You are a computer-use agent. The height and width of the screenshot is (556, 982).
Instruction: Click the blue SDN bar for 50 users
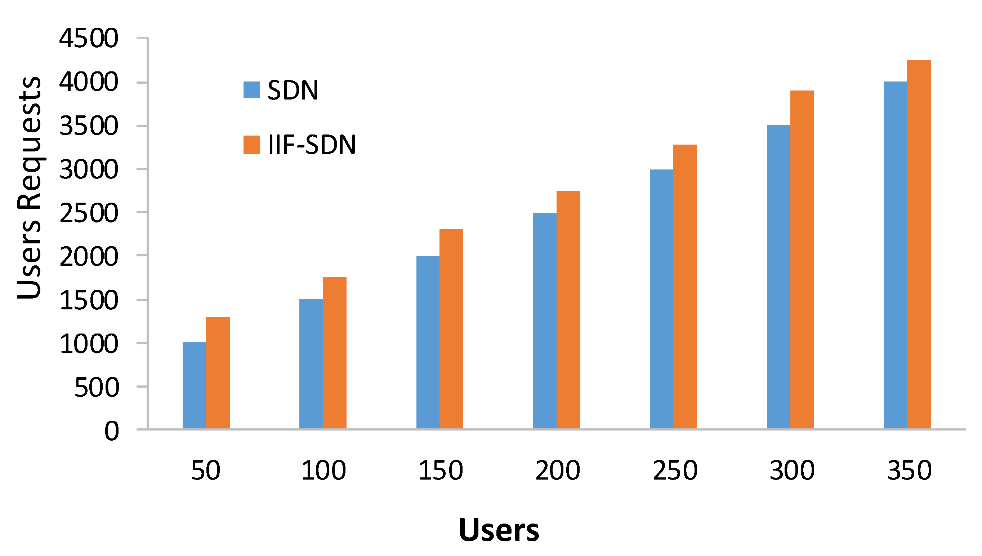194,385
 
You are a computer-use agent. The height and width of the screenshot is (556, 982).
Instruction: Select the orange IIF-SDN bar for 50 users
218,373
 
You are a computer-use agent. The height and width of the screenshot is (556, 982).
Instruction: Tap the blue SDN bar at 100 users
311,363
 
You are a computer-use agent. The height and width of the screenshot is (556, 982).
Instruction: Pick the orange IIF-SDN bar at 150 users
451,329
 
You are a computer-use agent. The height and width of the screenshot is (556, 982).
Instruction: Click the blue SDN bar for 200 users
545,321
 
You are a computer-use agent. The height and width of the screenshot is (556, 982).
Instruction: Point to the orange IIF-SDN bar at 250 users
685,287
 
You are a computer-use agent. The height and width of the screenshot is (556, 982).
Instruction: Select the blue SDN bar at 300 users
779,277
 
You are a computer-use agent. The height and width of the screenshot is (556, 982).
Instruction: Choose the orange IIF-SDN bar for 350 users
919,244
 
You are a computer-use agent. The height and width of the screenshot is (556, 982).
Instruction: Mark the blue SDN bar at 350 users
896,255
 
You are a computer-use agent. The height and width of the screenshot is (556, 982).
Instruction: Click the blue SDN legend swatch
252,90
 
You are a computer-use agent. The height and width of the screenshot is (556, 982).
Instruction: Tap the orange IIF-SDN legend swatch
252,145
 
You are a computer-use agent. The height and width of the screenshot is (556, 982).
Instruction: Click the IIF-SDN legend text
312,145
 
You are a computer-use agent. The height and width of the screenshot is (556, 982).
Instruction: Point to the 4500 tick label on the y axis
89,39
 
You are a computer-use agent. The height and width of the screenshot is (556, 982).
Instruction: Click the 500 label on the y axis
97,388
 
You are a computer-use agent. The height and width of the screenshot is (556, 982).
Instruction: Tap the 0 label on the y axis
112,432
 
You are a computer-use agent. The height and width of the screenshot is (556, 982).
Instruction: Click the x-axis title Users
499,530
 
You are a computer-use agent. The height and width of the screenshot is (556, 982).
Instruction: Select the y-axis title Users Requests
30,188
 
